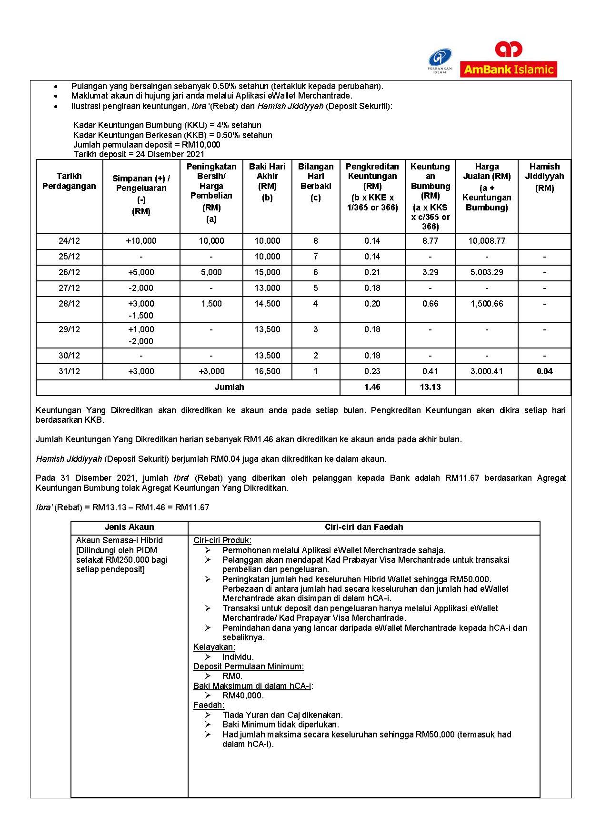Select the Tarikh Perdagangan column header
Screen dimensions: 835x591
[69, 181]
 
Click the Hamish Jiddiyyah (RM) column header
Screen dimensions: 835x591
[544, 177]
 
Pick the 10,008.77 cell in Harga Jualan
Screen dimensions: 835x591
[486, 241]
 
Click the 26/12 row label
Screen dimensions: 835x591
[69, 272]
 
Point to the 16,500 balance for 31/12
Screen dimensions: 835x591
[267, 371]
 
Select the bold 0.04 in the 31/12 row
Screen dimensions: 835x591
[544, 371]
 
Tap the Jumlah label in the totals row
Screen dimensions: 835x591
[229, 387]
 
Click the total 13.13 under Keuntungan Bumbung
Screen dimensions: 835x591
[430, 387]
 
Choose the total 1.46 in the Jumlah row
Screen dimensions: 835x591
[372, 387]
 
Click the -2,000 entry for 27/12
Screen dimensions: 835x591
[141, 288]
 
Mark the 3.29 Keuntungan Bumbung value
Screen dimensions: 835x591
[430, 272]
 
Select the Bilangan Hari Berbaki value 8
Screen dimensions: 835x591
[315, 241]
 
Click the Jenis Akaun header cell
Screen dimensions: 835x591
[129, 527]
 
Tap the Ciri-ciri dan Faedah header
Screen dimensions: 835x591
[364, 527]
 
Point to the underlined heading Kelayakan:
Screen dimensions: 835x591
[214, 647]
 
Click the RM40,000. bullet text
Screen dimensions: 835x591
[243, 696]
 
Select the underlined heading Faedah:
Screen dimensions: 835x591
[209, 705]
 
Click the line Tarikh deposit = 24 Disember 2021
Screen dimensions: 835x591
[139, 154]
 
